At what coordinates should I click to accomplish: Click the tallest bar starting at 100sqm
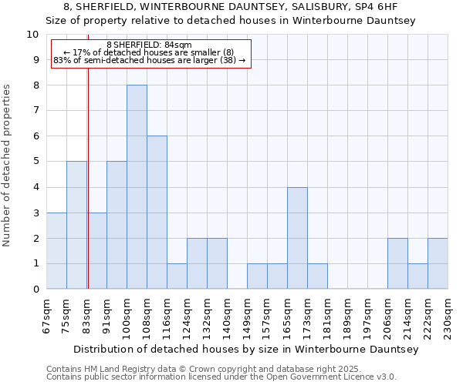click(x=137, y=187)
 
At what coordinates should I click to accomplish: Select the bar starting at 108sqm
click(x=157, y=213)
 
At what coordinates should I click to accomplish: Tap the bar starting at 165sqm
click(x=297, y=238)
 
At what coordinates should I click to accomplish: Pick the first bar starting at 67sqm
click(x=56, y=251)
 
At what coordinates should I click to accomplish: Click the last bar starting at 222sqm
click(x=438, y=263)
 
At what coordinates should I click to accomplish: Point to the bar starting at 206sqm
click(x=397, y=263)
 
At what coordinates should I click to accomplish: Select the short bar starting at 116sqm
click(x=177, y=276)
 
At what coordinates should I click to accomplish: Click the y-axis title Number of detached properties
click(x=8, y=166)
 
